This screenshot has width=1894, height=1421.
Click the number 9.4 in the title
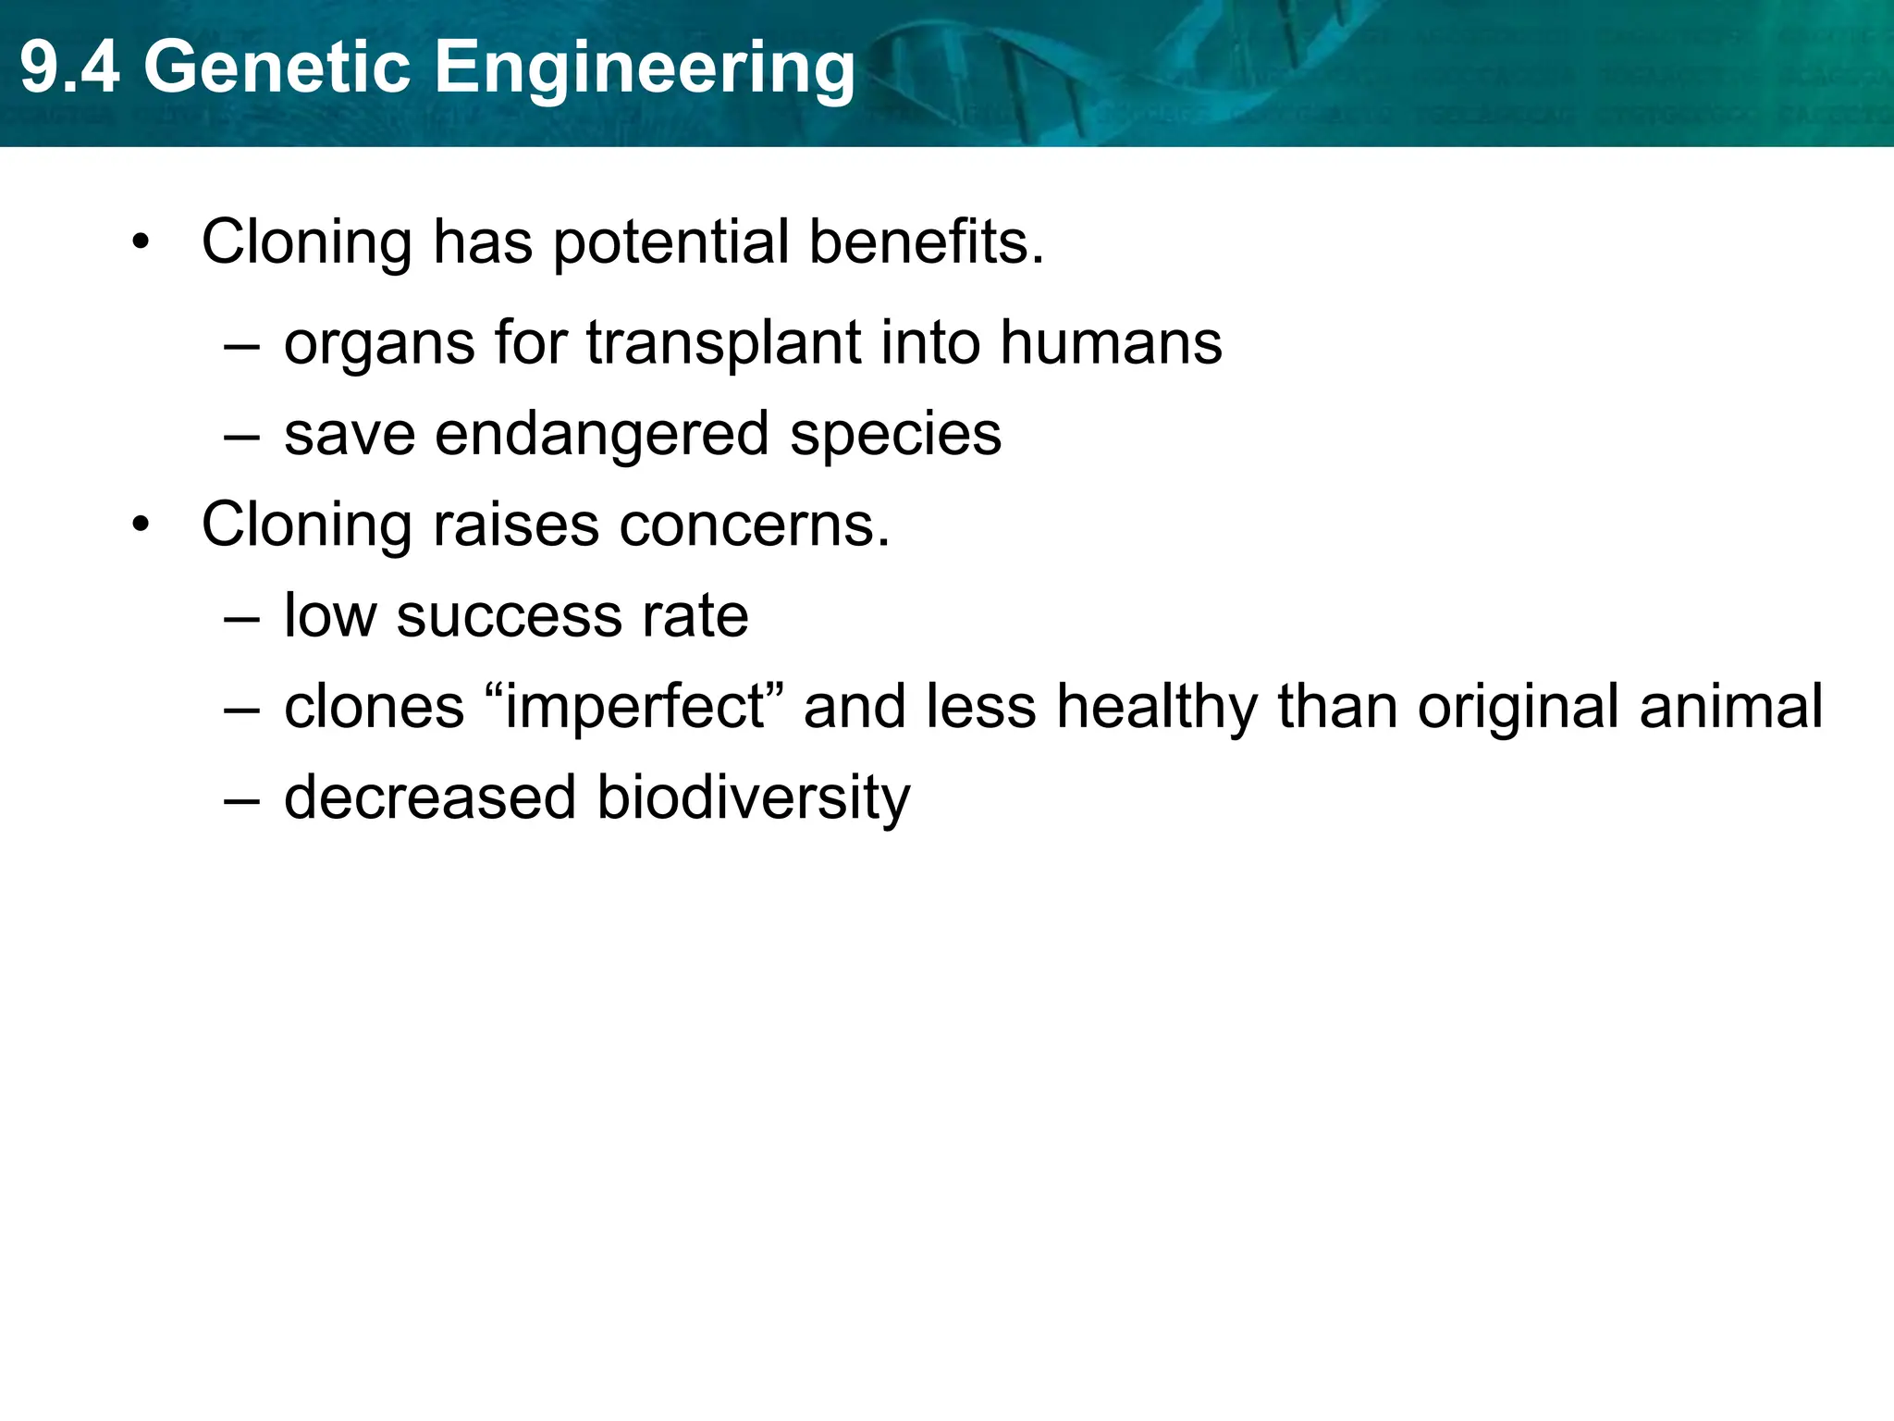69,68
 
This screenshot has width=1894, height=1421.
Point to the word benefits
926,241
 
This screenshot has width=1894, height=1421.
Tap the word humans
1110,343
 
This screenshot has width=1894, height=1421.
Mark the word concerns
754,525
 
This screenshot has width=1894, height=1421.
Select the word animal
1730,706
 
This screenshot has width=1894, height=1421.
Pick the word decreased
430,797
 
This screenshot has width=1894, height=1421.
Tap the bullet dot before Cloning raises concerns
140,525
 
